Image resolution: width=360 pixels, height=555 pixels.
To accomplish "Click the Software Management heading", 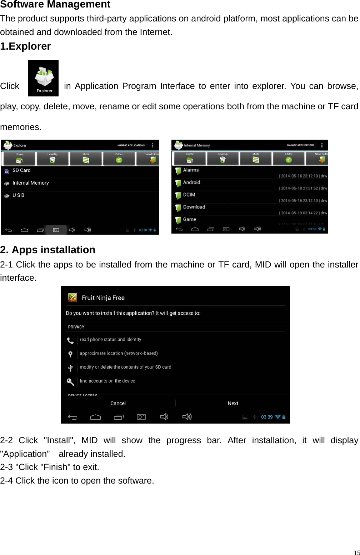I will coord(55,5).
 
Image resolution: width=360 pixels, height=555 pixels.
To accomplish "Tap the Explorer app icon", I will coord(43,78).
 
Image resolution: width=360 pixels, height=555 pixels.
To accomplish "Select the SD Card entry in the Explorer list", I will coord(21,171).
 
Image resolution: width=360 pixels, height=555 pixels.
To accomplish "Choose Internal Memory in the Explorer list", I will coord(30,183).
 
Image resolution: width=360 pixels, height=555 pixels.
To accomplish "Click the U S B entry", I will coord(19,195).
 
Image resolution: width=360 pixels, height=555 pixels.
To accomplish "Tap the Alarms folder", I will coord(191,170).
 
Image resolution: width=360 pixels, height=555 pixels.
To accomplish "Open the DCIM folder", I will coord(189,195).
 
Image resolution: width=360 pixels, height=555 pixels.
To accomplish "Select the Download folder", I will coord(194,207).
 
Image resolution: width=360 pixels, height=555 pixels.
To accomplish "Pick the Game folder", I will coord(189,220).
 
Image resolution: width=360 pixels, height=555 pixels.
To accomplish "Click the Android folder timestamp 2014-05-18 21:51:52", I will coord(299,188).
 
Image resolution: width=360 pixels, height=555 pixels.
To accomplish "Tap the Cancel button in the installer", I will coord(118,403).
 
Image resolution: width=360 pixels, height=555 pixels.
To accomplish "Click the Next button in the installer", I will coord(233,403).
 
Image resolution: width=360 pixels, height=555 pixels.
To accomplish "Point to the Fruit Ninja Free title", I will coord(103,298).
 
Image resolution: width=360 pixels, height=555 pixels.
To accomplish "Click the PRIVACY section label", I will coord(76,327).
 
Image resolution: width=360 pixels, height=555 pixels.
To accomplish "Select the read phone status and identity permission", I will coord(110,340).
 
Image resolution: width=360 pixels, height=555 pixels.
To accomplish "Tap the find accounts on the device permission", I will coord(107,381).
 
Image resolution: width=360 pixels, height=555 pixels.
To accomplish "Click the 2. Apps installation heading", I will coord(48,250).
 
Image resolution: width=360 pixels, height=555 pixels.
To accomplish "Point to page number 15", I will coord(356,552).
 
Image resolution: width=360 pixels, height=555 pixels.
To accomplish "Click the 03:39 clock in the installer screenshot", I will coord(267,417).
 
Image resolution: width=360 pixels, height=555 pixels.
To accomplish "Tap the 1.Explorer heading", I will coord(26,46).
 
